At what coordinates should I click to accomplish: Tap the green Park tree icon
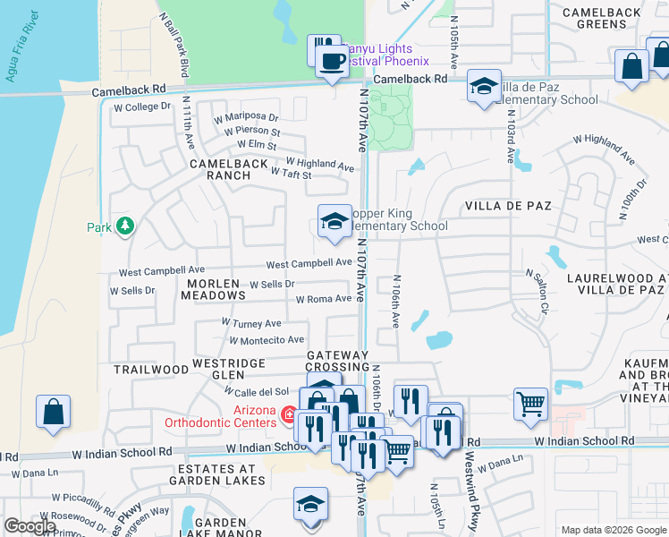125,227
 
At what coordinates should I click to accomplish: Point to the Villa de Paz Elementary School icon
484,87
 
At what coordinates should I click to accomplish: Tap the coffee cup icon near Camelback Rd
333,62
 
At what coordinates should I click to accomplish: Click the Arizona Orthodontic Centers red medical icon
289,414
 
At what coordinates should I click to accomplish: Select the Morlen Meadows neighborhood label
212,289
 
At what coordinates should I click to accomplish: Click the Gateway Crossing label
337,361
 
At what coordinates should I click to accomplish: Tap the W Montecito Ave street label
267,340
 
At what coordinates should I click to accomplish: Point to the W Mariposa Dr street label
245,117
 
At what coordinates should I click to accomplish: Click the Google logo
30,526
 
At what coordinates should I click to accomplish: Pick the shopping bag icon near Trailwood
53,412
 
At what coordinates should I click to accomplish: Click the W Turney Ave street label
251,323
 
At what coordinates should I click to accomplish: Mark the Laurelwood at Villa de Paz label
616,284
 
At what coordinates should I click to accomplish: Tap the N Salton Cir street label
536,289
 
